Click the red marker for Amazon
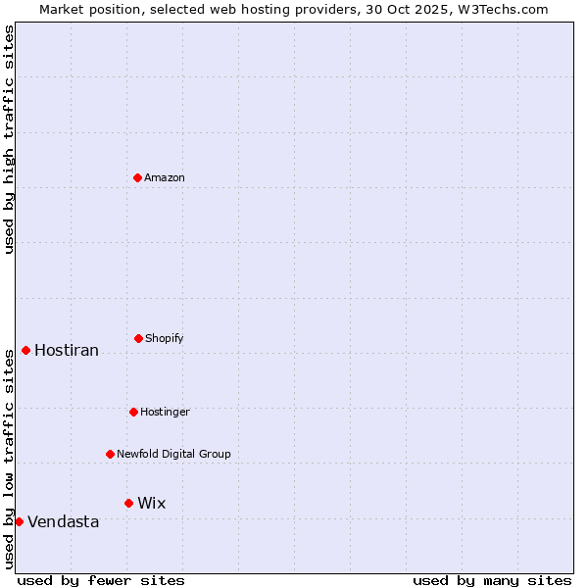(x=137, y=177)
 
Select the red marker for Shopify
(x=138, y=338)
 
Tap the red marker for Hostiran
(x=25, y=350)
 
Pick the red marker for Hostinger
(x=133, y=412)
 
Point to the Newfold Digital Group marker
(x=110, y=454)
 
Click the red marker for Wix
(x=128, y=503)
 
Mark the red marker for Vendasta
(x=19, y=521)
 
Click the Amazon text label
(x=165, y=177)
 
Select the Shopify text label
(x=165, y=338)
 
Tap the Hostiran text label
(x=67, y=350)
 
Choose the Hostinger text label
(x=165, y=412)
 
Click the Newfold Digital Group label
(x=173, y=454)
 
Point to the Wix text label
(x=152, y=503)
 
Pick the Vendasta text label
(x=64, y=521)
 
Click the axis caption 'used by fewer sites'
(x=101, y=580)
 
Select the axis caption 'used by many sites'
(x=492, y=580)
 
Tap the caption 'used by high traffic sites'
(x=9, y=139)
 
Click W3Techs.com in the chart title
(x=501, y=9)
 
